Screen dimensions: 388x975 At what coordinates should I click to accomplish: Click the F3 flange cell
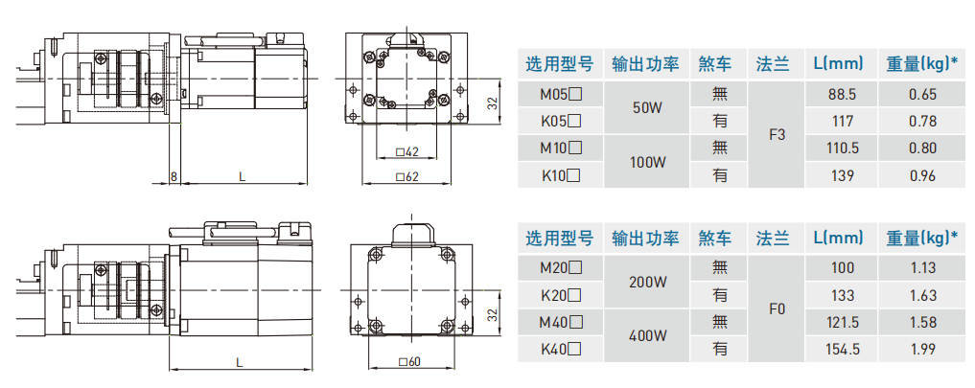pos(777,135)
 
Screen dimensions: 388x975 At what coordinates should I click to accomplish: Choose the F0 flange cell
pos(777,308)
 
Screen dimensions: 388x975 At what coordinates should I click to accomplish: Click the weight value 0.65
pos(921,94)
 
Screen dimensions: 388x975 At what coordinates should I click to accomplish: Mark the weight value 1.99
pos(921,349)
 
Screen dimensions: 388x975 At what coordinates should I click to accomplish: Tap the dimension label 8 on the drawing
pos(174,177)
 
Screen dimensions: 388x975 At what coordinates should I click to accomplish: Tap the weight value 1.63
pos(921,295)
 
